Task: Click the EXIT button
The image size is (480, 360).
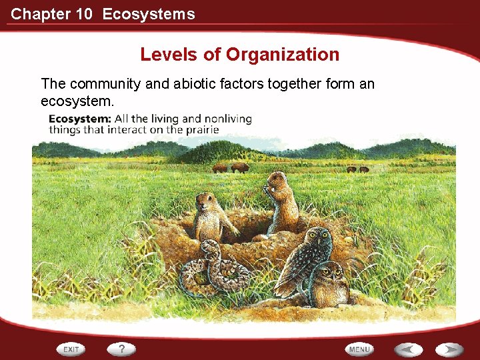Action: click(x=71, y=349)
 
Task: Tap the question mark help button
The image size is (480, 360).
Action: click(x=122, y=349)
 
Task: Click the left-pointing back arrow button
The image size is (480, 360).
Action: click(x=407, y=349)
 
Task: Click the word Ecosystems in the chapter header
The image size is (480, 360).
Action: click(x=149, y=14)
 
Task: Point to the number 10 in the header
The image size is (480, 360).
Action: click(x=84, y=14)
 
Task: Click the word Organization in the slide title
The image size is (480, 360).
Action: click(x=283, y=55)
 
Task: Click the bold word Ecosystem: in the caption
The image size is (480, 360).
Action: click(x=79, y=119)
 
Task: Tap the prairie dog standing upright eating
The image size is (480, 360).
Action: click(x=280, y=200)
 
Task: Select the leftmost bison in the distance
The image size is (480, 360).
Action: click(x=219, y=169)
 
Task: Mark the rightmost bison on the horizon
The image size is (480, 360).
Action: click(x=365, y=169)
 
